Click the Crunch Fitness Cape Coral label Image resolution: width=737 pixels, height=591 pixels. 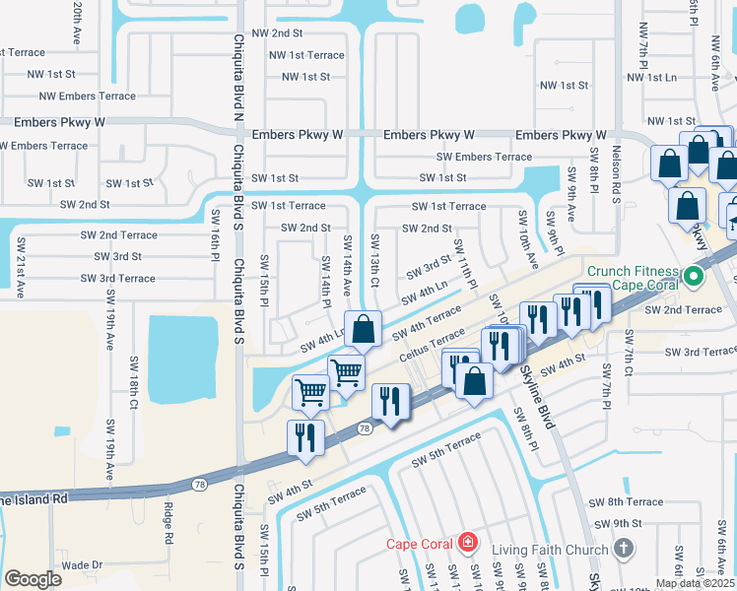click(x=633, y=279)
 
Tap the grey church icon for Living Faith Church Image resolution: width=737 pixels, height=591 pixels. click(x=622, y=547)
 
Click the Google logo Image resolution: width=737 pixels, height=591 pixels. click(x=33, y=578)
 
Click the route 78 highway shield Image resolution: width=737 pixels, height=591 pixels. click(x=365, y=428)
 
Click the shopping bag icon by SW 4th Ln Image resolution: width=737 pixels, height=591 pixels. click(x=364, y=329)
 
